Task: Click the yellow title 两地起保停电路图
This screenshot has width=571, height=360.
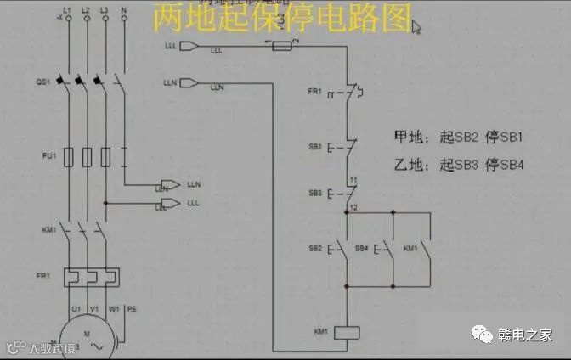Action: tap(281, 18)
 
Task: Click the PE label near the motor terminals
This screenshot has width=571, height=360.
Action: tap(132, 309)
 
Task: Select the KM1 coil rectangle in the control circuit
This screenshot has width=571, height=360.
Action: tap(347, 332)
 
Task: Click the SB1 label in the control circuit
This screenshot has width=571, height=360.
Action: tap(314, 147)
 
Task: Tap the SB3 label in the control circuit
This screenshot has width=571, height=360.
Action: tap(314, 194)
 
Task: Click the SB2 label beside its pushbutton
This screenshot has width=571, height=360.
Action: tap(314, 248)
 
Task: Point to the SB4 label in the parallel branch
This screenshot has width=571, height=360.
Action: tap(362, 248)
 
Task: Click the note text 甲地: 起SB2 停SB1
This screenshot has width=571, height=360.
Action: tap(457, 137)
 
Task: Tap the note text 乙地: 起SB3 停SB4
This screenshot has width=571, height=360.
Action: tap(457, 165)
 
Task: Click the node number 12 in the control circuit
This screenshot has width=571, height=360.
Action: tap(353, 208)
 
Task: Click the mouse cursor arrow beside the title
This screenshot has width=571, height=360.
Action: tap(416, 26)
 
